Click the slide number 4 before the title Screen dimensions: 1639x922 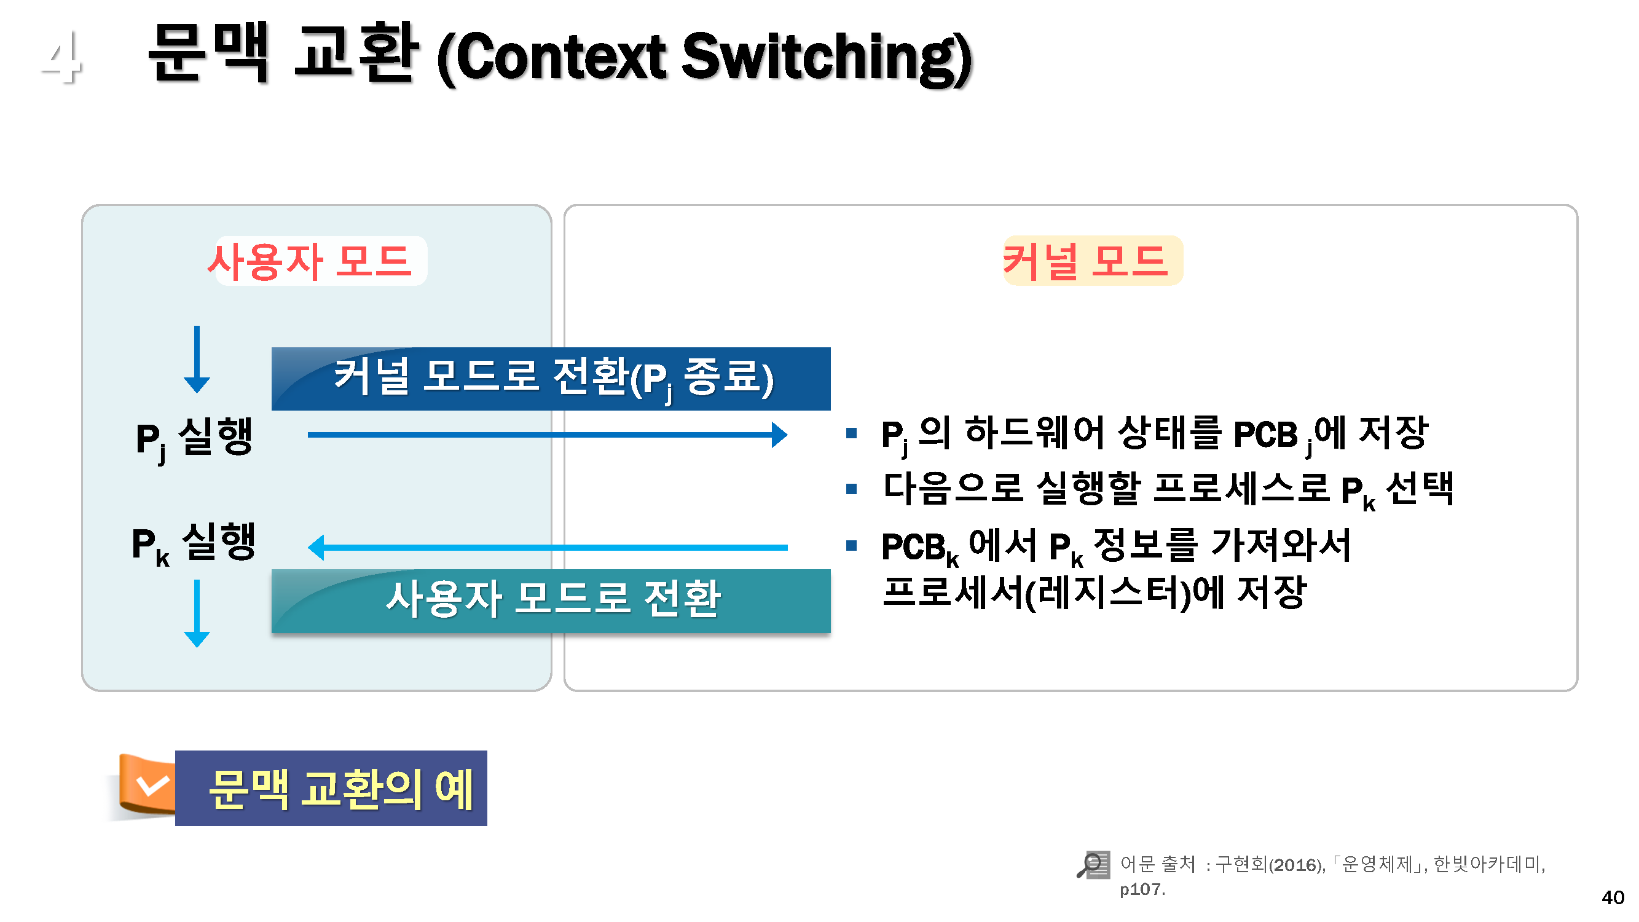(61, 57)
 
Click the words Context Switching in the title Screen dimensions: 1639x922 (705, 58)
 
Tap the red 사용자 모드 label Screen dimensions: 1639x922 (310, 261)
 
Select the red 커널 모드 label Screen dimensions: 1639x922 (1085, 261)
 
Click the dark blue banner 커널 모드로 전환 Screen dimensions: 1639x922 (551, 379)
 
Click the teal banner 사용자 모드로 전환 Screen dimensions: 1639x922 (551, 601)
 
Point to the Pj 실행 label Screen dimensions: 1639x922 (195, 439)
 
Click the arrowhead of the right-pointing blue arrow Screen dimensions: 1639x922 (780, 435)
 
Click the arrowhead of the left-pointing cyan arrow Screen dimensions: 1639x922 (316, 547)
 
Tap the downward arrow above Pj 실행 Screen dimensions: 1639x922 (197, 360)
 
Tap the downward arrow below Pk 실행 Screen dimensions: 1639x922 (197, 613)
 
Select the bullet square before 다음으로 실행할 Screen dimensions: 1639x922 (852, 489)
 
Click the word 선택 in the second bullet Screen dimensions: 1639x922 (1420, 489)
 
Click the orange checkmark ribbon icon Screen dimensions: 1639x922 (146, 785)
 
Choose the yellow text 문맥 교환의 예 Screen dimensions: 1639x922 (341, 790)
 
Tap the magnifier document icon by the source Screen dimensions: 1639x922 (1093, 865)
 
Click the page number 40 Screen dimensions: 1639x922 (1613, 898)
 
